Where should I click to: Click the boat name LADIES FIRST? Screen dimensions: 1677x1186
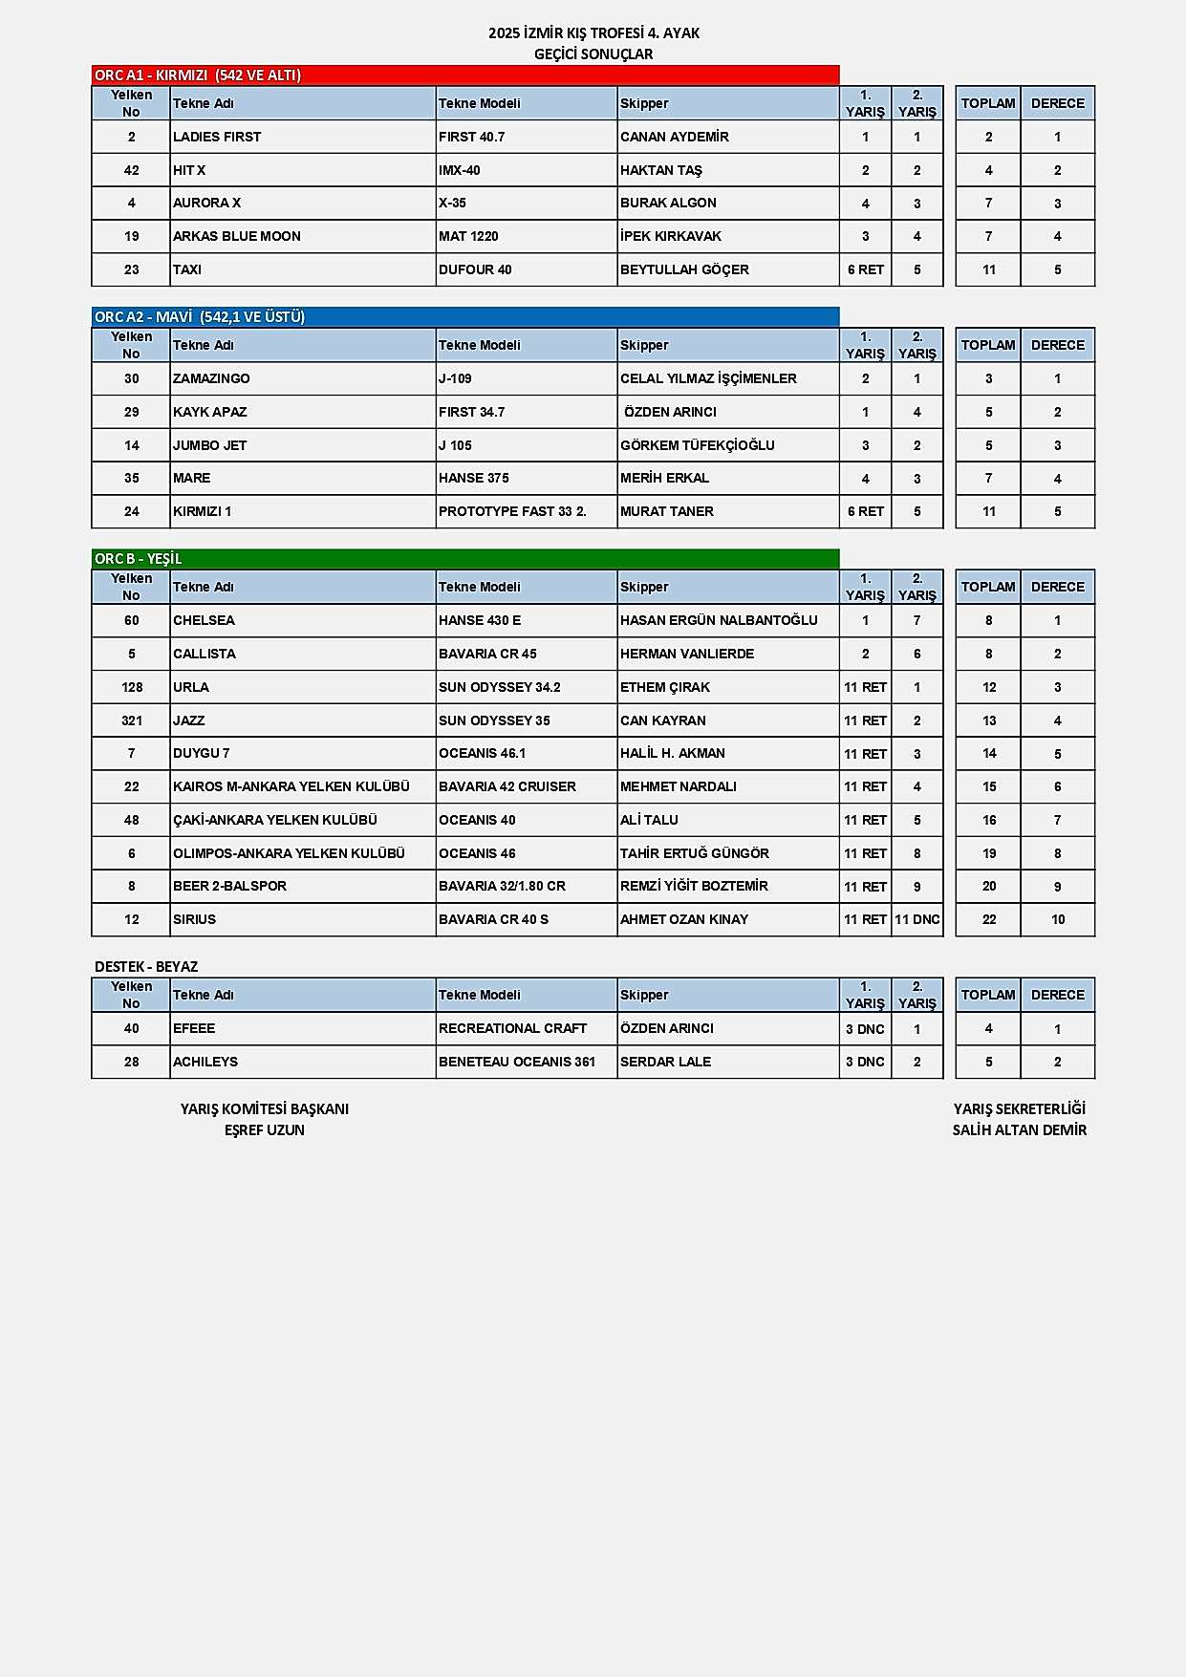[217, 137]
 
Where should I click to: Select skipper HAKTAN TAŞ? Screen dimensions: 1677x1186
[661, 170]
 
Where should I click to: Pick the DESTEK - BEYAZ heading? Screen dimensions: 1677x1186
[146, 967]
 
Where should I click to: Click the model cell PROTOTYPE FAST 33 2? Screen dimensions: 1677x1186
[512, 511]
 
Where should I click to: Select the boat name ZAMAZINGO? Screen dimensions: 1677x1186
[211, 378]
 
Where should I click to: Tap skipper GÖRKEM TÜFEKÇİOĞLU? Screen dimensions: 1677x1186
[698, 445]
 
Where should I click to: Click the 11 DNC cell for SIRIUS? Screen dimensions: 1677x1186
[917, 919]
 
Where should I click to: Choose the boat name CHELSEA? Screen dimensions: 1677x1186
[204, 620]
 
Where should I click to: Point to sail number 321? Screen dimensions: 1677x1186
[132, 720]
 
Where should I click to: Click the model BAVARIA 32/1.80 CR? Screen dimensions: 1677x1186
[502, 886]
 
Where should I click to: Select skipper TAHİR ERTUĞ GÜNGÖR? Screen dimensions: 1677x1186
[695, 853]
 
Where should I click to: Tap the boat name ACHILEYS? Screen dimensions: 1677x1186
[205, 1062]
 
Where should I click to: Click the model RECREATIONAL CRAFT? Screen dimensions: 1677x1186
[513, 1028]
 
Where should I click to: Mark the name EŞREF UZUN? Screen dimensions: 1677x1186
[265, 1130]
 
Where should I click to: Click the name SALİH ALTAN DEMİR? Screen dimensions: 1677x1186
[1020, 1130]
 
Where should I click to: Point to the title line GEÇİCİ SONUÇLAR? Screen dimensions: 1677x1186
[593, 54]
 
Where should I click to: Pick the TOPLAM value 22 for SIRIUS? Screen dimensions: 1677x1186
[989, 919]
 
